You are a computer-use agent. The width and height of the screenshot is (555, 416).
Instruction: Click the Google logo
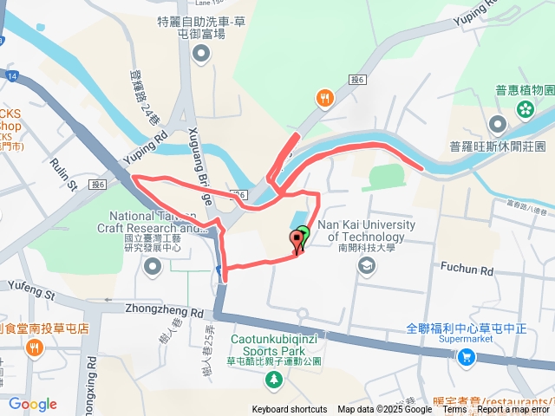tap(33, 404)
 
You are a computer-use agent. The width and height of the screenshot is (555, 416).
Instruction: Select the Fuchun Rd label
tap(467, 270)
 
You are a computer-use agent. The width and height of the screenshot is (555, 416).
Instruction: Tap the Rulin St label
tap(63, 172)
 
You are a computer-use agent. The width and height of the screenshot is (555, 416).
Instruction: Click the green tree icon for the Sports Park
tap(274, 379)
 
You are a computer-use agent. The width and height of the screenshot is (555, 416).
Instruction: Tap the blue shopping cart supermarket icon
tap(467, 356)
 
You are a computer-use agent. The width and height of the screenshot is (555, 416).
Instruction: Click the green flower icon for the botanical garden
tap(525, 108)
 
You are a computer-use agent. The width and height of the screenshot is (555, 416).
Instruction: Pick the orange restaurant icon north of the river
tap(324, 98)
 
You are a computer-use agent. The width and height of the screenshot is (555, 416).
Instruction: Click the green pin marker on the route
tap(302, 234)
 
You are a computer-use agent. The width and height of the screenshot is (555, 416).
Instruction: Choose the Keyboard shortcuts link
tap(290, 410)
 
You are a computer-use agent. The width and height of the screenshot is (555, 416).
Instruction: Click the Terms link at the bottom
tap(454, 410)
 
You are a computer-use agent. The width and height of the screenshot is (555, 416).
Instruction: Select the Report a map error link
tap(513, 410)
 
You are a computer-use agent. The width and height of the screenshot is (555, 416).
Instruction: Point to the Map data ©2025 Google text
tap(385, 410)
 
